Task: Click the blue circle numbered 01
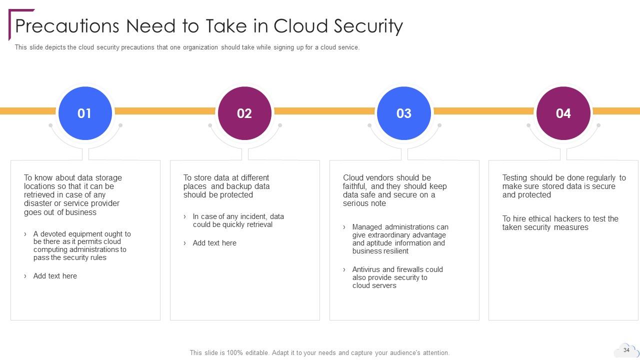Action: pos(84,113)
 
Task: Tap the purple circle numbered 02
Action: pos(244,113)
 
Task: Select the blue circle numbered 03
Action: pos(403,113)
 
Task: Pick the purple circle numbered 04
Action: pos(563,113)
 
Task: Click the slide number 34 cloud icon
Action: pos(626,350)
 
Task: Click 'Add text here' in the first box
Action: pos(55,276)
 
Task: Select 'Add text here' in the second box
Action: pos(214,243)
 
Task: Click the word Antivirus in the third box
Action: pos(367,269)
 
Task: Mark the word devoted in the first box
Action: pos(53,234)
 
